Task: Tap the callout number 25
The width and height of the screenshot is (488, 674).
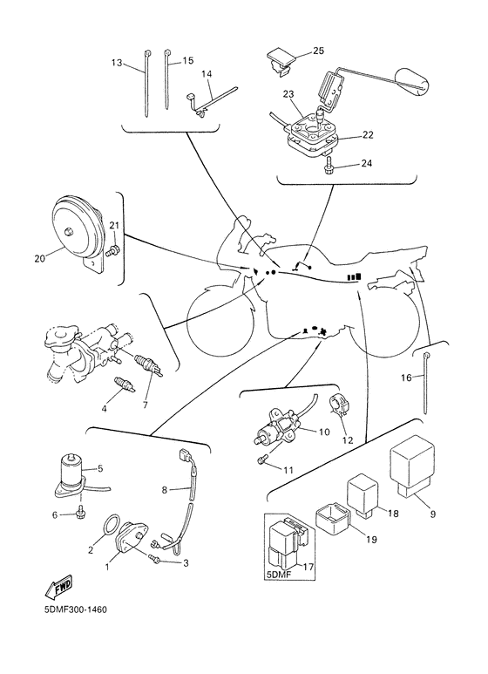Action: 318,51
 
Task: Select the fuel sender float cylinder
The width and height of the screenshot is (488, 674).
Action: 411,81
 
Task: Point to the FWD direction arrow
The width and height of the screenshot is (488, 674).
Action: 58,587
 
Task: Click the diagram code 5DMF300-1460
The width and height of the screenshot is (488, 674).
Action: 75,610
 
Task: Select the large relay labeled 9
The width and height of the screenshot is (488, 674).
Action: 411,466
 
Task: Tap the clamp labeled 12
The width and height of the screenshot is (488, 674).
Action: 338,406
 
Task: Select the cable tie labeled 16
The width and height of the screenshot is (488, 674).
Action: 426,383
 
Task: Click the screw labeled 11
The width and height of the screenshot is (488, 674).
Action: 262,460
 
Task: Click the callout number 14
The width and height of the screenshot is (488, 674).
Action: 207,74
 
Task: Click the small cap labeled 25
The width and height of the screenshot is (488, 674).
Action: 281,61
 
